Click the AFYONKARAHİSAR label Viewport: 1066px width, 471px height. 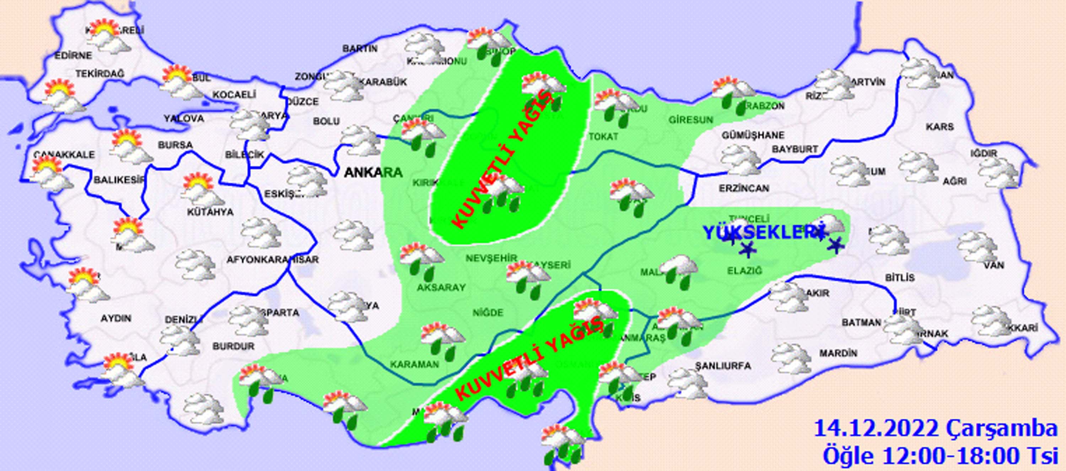(x=272, y=260)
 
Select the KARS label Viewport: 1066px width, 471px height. (x=940, y=127)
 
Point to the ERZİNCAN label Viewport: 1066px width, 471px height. (x=744, y=188)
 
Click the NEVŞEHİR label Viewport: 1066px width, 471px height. (x=491, y=258)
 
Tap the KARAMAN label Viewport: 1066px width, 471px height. (x=414, y=364)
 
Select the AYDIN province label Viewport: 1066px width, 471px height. (x=116, y=318)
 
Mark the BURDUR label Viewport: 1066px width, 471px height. (x=233, y=346)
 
